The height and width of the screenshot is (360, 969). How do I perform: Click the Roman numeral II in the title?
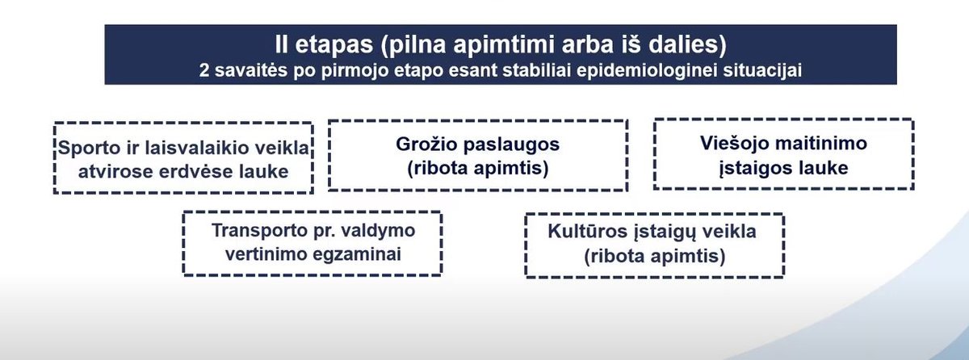[281, 44]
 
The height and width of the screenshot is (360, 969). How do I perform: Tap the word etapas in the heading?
[334, 45]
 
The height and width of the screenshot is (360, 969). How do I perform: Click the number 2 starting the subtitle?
[204, 70]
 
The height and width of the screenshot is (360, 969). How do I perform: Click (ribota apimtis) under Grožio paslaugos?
[477, 168]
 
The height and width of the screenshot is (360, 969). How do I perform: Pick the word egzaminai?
[357, 255]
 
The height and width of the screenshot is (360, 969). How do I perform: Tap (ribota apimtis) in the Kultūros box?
[655, 257]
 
